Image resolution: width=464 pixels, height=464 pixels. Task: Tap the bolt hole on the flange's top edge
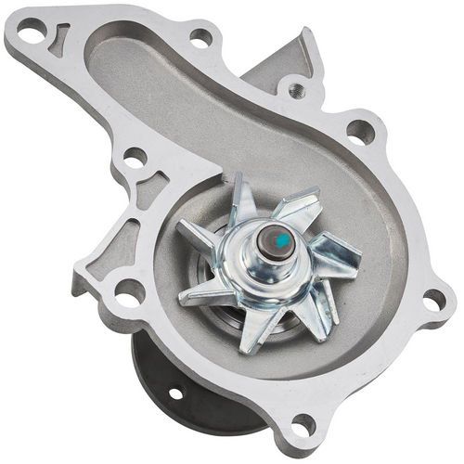tap(200, 38)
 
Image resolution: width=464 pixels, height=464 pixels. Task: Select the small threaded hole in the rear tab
tap(296, 90)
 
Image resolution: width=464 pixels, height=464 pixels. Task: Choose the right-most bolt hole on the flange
tap(432, 301)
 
